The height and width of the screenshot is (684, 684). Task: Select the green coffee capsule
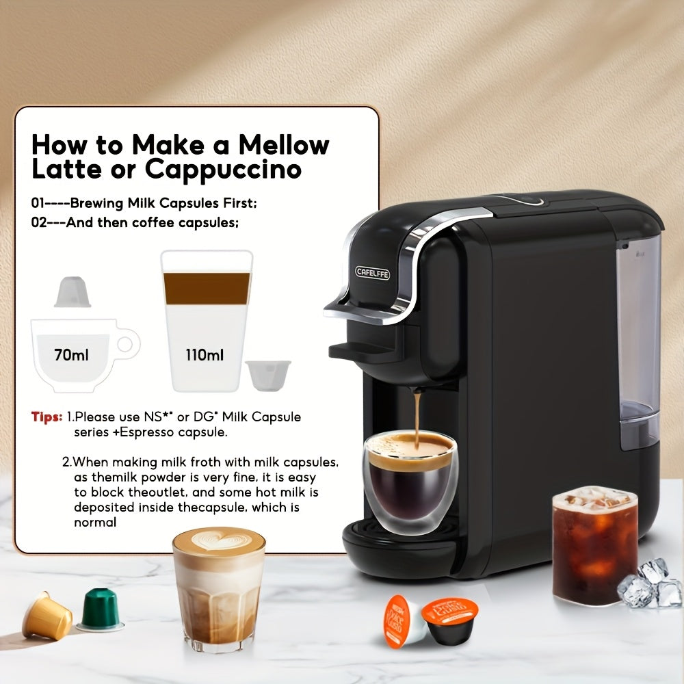[x=101, y=609]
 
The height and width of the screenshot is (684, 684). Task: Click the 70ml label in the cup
[x=72, y=355]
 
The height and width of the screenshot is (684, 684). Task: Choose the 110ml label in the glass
[x=205, y=355]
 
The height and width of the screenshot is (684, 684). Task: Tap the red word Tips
[x=47, y=417]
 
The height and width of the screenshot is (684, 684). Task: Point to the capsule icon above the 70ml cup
[x=73, y=292]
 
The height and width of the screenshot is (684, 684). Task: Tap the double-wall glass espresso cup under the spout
[x=409, y=482]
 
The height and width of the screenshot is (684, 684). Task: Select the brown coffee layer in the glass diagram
[x=206, y=288]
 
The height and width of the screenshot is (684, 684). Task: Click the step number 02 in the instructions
[x=39, y=222]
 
